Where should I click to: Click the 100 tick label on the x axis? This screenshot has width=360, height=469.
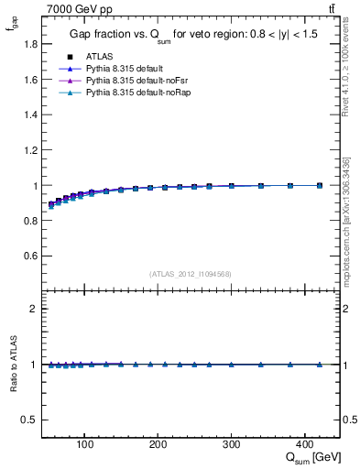click(85, 445)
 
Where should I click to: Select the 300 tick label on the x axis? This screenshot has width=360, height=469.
click(231, 445)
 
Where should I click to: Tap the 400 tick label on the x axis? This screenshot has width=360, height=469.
click(304, 445)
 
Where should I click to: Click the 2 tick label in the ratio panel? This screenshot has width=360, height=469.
click(33, 310)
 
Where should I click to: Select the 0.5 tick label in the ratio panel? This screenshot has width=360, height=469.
click(29, 420)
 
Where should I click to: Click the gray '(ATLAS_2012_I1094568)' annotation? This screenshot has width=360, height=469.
click(190, 274)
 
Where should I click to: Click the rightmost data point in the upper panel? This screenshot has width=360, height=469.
click(320, 185)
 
